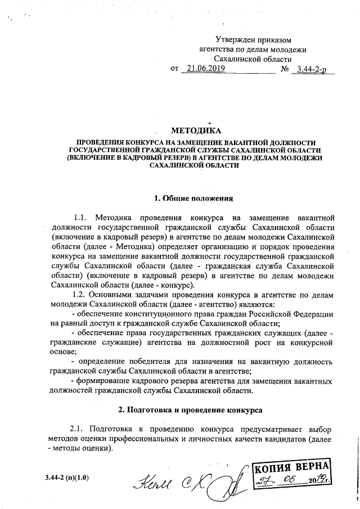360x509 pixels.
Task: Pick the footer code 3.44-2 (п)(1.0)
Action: [67, 478]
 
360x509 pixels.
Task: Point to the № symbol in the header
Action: [285, 69]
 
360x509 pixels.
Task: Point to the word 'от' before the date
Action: [174, 69]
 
